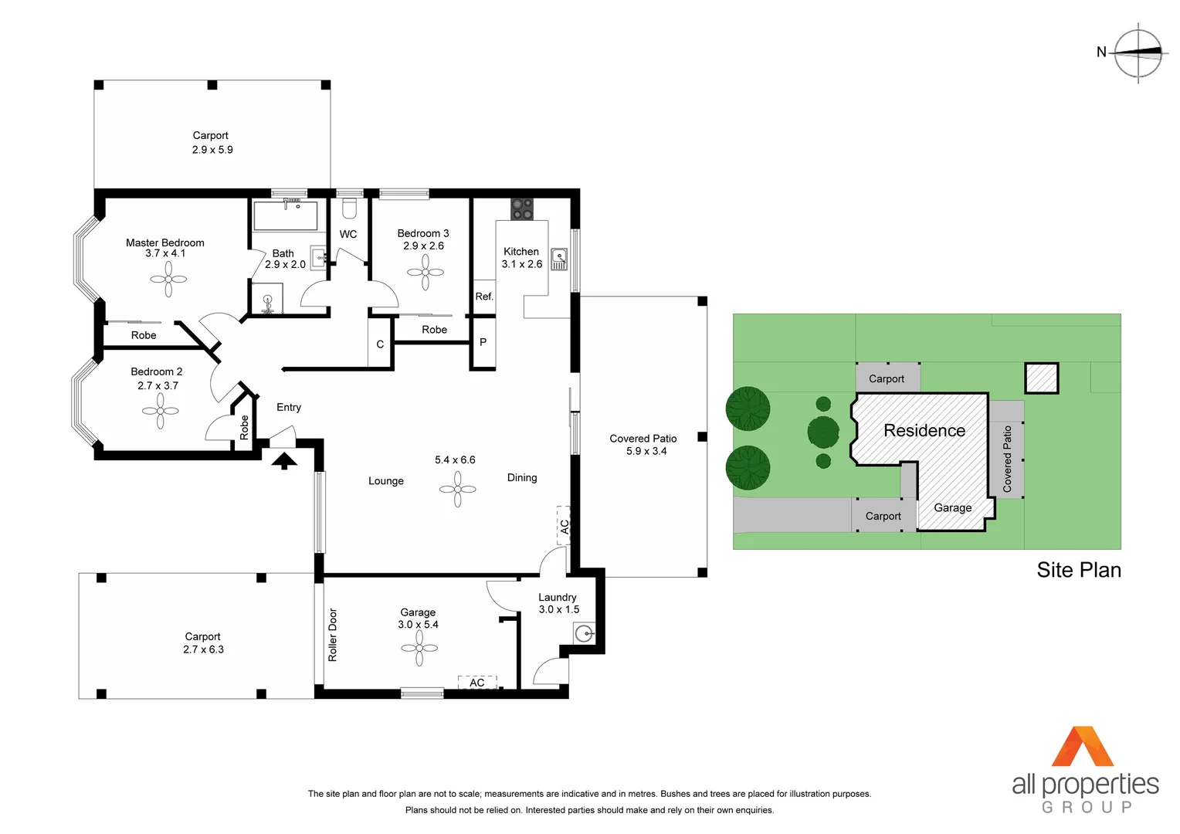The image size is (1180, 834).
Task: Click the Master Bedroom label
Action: pyautogui.click(x=164, y=242)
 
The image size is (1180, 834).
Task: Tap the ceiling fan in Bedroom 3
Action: pyautogui.click(x=426, y=272)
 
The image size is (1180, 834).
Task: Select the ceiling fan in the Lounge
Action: pyautogui.click(x=458, y=489)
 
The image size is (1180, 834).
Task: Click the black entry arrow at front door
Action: pyautogui.click(x=284, y=460)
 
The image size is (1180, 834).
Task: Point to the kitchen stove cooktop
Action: pyautogui.click(x=522, y=208)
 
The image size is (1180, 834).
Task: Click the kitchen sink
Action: pyautogui.click(x=559, y=259)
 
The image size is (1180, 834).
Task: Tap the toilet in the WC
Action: pyautogui.click(x=349, y=208)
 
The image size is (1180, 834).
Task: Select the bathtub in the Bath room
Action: pyautogui.click(x=285, y=215)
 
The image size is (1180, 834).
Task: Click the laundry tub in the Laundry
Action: pyautogui.click(x=585, y=634)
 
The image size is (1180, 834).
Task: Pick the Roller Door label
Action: pyautogui.click(x=333, y=635)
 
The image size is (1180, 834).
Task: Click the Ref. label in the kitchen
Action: pyautogui.click(x=484, y=297)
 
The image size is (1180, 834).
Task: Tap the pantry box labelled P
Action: pyautogui.click(x=483, y=342)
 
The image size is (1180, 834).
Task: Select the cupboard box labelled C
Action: pyautogui.click(x=380, y=344)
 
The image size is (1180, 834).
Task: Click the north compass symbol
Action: pyautogui.click(x=1138, y=53)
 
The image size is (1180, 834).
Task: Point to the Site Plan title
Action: pyautogui.click(x=1078, y=570)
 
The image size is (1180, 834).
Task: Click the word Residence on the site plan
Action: pyautogui.click(x=924, y=431)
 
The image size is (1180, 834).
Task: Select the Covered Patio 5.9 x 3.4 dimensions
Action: pyautogui.click(x=646, y=452)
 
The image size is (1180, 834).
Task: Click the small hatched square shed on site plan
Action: pyautogui.click(x=1041, y=378)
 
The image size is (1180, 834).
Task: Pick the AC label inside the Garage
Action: pyautogui.click(x=477, y=683)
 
